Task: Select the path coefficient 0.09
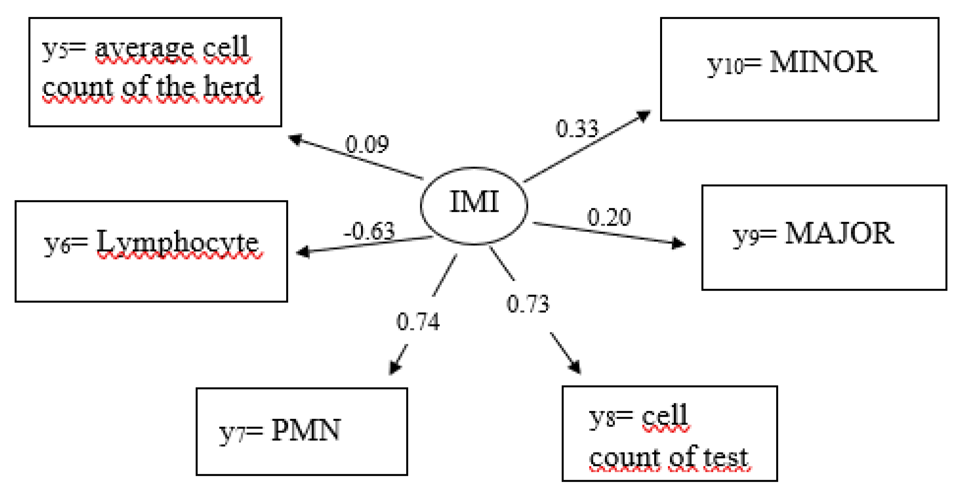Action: pos(367,144)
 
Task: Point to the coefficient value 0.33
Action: pos(577,128)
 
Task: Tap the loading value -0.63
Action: pos(369,231)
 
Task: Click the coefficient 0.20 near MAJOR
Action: pos(609,217)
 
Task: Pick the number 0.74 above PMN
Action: pos(418,322)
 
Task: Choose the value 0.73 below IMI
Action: pos(527,304)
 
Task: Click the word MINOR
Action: pos(823,62)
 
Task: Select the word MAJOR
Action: pos(839,234)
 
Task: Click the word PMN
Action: pos(306,430)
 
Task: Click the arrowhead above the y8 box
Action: pos(575,366)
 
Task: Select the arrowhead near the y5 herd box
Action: pos(295,139)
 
